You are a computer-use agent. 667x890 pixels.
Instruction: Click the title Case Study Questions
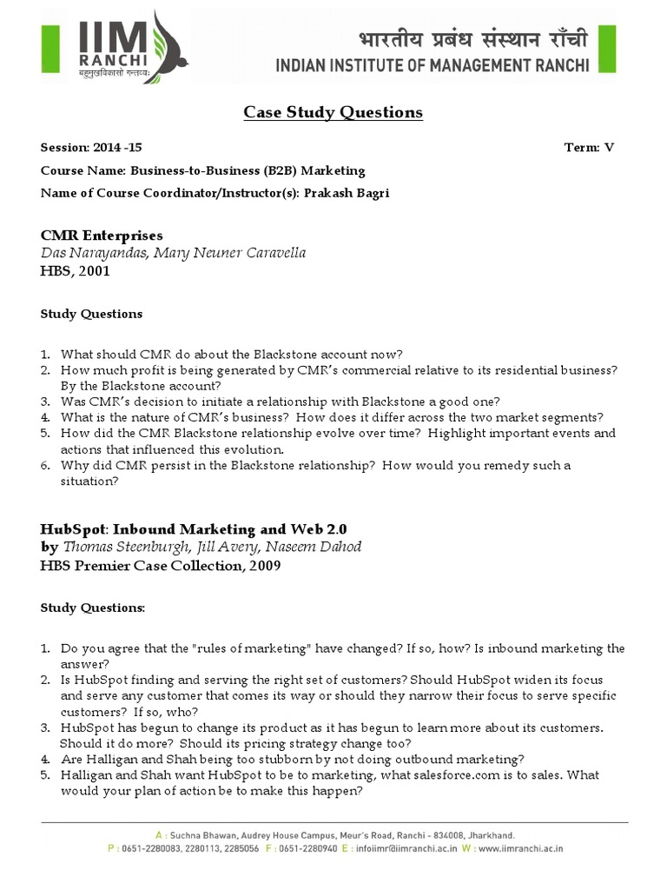[333, 112]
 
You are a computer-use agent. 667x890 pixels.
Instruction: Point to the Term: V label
[589, 148]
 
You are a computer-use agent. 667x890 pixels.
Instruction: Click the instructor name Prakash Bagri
[347, 193]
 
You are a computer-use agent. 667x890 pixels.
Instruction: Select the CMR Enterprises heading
[102, 236]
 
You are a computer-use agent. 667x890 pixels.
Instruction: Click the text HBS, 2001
[76, 270]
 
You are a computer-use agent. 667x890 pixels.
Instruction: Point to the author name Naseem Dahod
[318, 547]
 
